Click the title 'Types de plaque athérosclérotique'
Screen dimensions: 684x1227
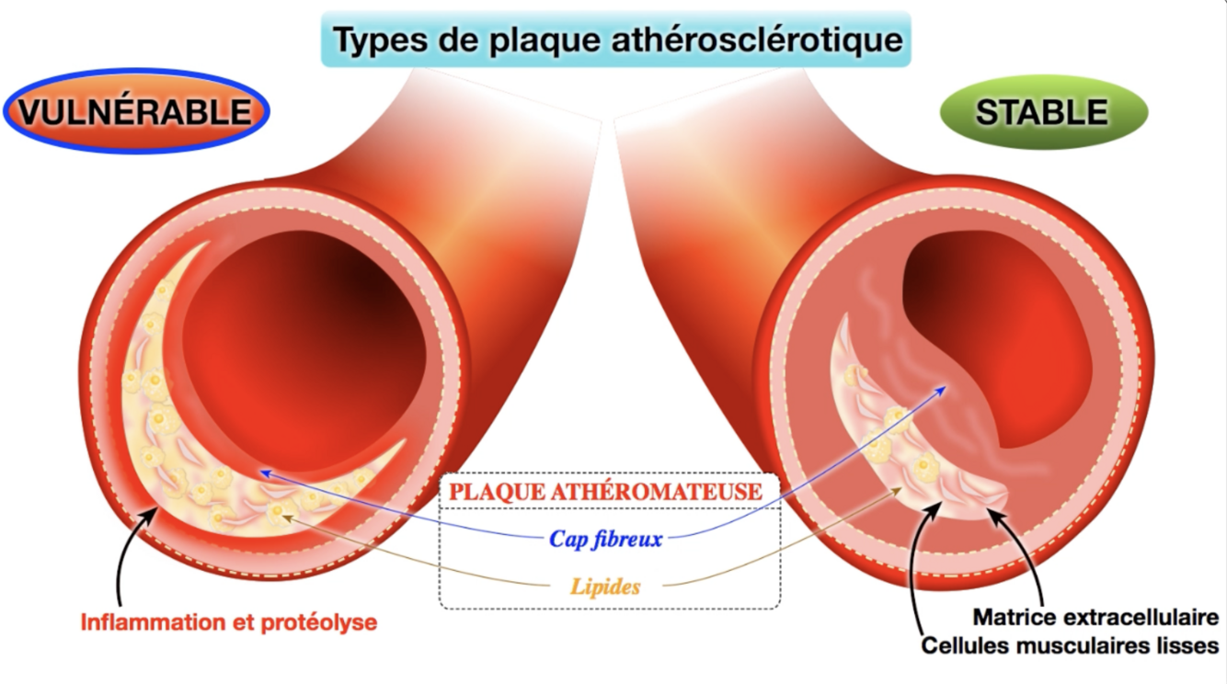[x=616, y=40]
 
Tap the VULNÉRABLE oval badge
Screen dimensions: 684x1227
[x=136, y=111]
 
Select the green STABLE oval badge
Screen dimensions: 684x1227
[x=1042, y=112]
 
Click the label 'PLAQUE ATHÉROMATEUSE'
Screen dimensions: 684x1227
[x=606, y=491]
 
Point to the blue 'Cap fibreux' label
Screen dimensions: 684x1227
[x=605, y=539]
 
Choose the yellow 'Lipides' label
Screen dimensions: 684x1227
[x=605, y=586]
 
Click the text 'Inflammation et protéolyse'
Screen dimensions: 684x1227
[x=229, y=622]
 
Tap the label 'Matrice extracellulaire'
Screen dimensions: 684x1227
[x=1095, y=617]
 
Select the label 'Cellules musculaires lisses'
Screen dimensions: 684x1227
[x=1070, y=645]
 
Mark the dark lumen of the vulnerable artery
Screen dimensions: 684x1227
[x=304, y=349]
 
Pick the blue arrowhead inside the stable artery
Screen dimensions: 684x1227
[x=942, y=390]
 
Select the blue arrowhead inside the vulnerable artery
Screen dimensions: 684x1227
[x=265, y=472]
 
